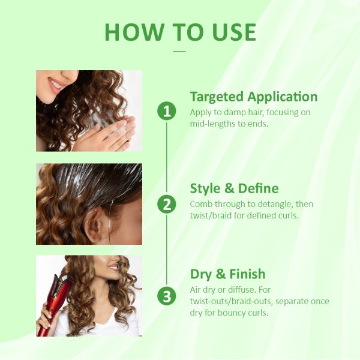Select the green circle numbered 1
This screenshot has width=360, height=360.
tap(167, 111)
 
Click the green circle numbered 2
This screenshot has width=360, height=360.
tap(167, 204)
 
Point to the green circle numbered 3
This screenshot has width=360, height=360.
tap(167, 296)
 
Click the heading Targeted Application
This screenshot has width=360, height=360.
tap(254, 97)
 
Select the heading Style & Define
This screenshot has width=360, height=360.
tap(234, 188)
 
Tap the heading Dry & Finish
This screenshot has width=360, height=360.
tap(227, 274)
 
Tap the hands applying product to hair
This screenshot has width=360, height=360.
tap(108, 133)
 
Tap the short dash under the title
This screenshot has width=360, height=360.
tap(179, 51)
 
